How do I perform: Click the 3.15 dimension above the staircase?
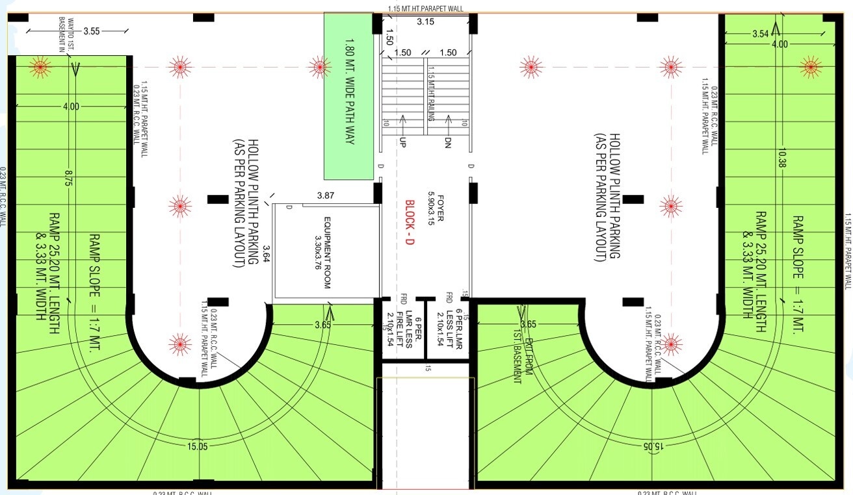point(425,22)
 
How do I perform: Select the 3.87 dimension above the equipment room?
point(325,196)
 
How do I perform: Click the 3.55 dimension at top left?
point(91,31)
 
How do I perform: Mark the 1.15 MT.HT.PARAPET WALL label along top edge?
point(425,8)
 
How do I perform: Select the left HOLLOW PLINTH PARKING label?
point(241,201)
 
